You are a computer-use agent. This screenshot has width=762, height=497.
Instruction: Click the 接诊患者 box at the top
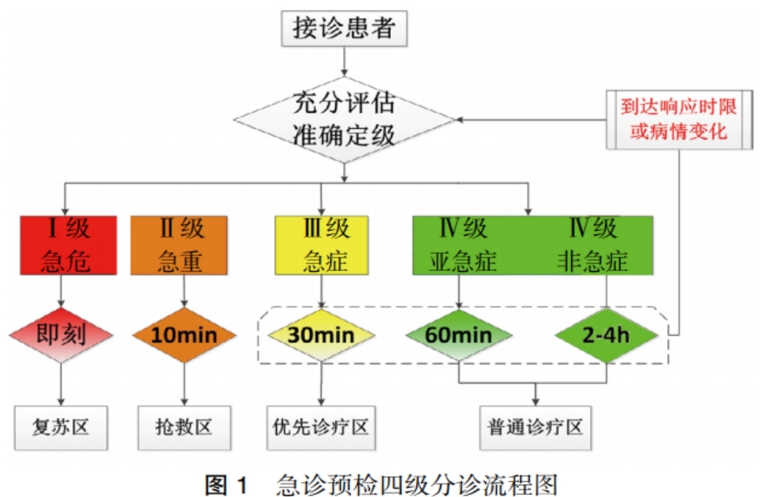[x=344, y=29]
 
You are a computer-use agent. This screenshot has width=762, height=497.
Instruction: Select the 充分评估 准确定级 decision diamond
[x=344, y=120]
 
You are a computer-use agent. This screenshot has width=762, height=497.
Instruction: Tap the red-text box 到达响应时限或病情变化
[x=679, y=119]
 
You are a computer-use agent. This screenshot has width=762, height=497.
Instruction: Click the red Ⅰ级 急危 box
[x=69, y=245]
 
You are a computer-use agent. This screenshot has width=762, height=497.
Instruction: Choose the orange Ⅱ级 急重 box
[x=179, y=245]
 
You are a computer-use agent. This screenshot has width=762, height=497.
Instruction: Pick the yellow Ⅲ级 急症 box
[x=321, y=245]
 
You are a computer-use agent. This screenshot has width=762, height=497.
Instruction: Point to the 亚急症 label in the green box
[x=463, y=261]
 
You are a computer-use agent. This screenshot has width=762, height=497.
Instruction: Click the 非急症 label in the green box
[x=593, y=261]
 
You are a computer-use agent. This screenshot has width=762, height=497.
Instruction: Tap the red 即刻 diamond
[x=61, y=335]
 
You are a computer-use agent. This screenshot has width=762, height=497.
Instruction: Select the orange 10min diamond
[x=184, y=335]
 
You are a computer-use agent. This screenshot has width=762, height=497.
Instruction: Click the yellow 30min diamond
[x=321, y=335]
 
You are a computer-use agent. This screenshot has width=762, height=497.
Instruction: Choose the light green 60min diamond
[x=458, y=335]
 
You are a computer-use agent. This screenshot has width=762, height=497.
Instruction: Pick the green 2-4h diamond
[x=606, y=335]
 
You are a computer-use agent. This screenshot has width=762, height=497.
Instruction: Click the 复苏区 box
[x=61, y=428]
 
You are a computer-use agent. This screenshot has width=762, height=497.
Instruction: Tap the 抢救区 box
[x=184, y=428]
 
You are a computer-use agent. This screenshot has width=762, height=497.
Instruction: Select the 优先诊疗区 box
[x=321, y=428]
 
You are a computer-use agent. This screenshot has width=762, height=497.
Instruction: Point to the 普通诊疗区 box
[x=536, y=428]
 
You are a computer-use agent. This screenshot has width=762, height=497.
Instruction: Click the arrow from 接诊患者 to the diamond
[x=344, y=62]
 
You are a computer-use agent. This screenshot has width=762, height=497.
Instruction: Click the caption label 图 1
[x=226, y=485]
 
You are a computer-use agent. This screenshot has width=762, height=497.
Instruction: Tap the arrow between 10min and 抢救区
[x=184, y=384]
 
